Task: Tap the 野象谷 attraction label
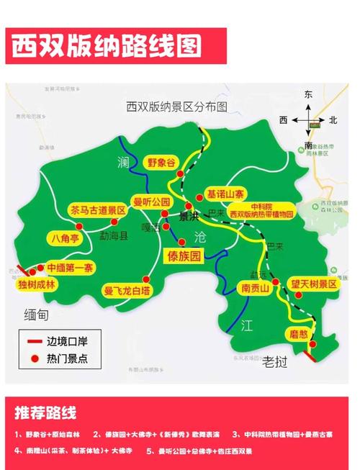[161, 162]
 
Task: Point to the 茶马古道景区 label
[98, 211]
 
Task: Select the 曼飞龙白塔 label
[127, 291]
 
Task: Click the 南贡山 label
[254, 289]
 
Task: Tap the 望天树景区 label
[313, 284]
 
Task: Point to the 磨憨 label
[298, 333]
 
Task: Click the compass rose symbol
[309, 119]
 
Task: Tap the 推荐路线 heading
[45, 412]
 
